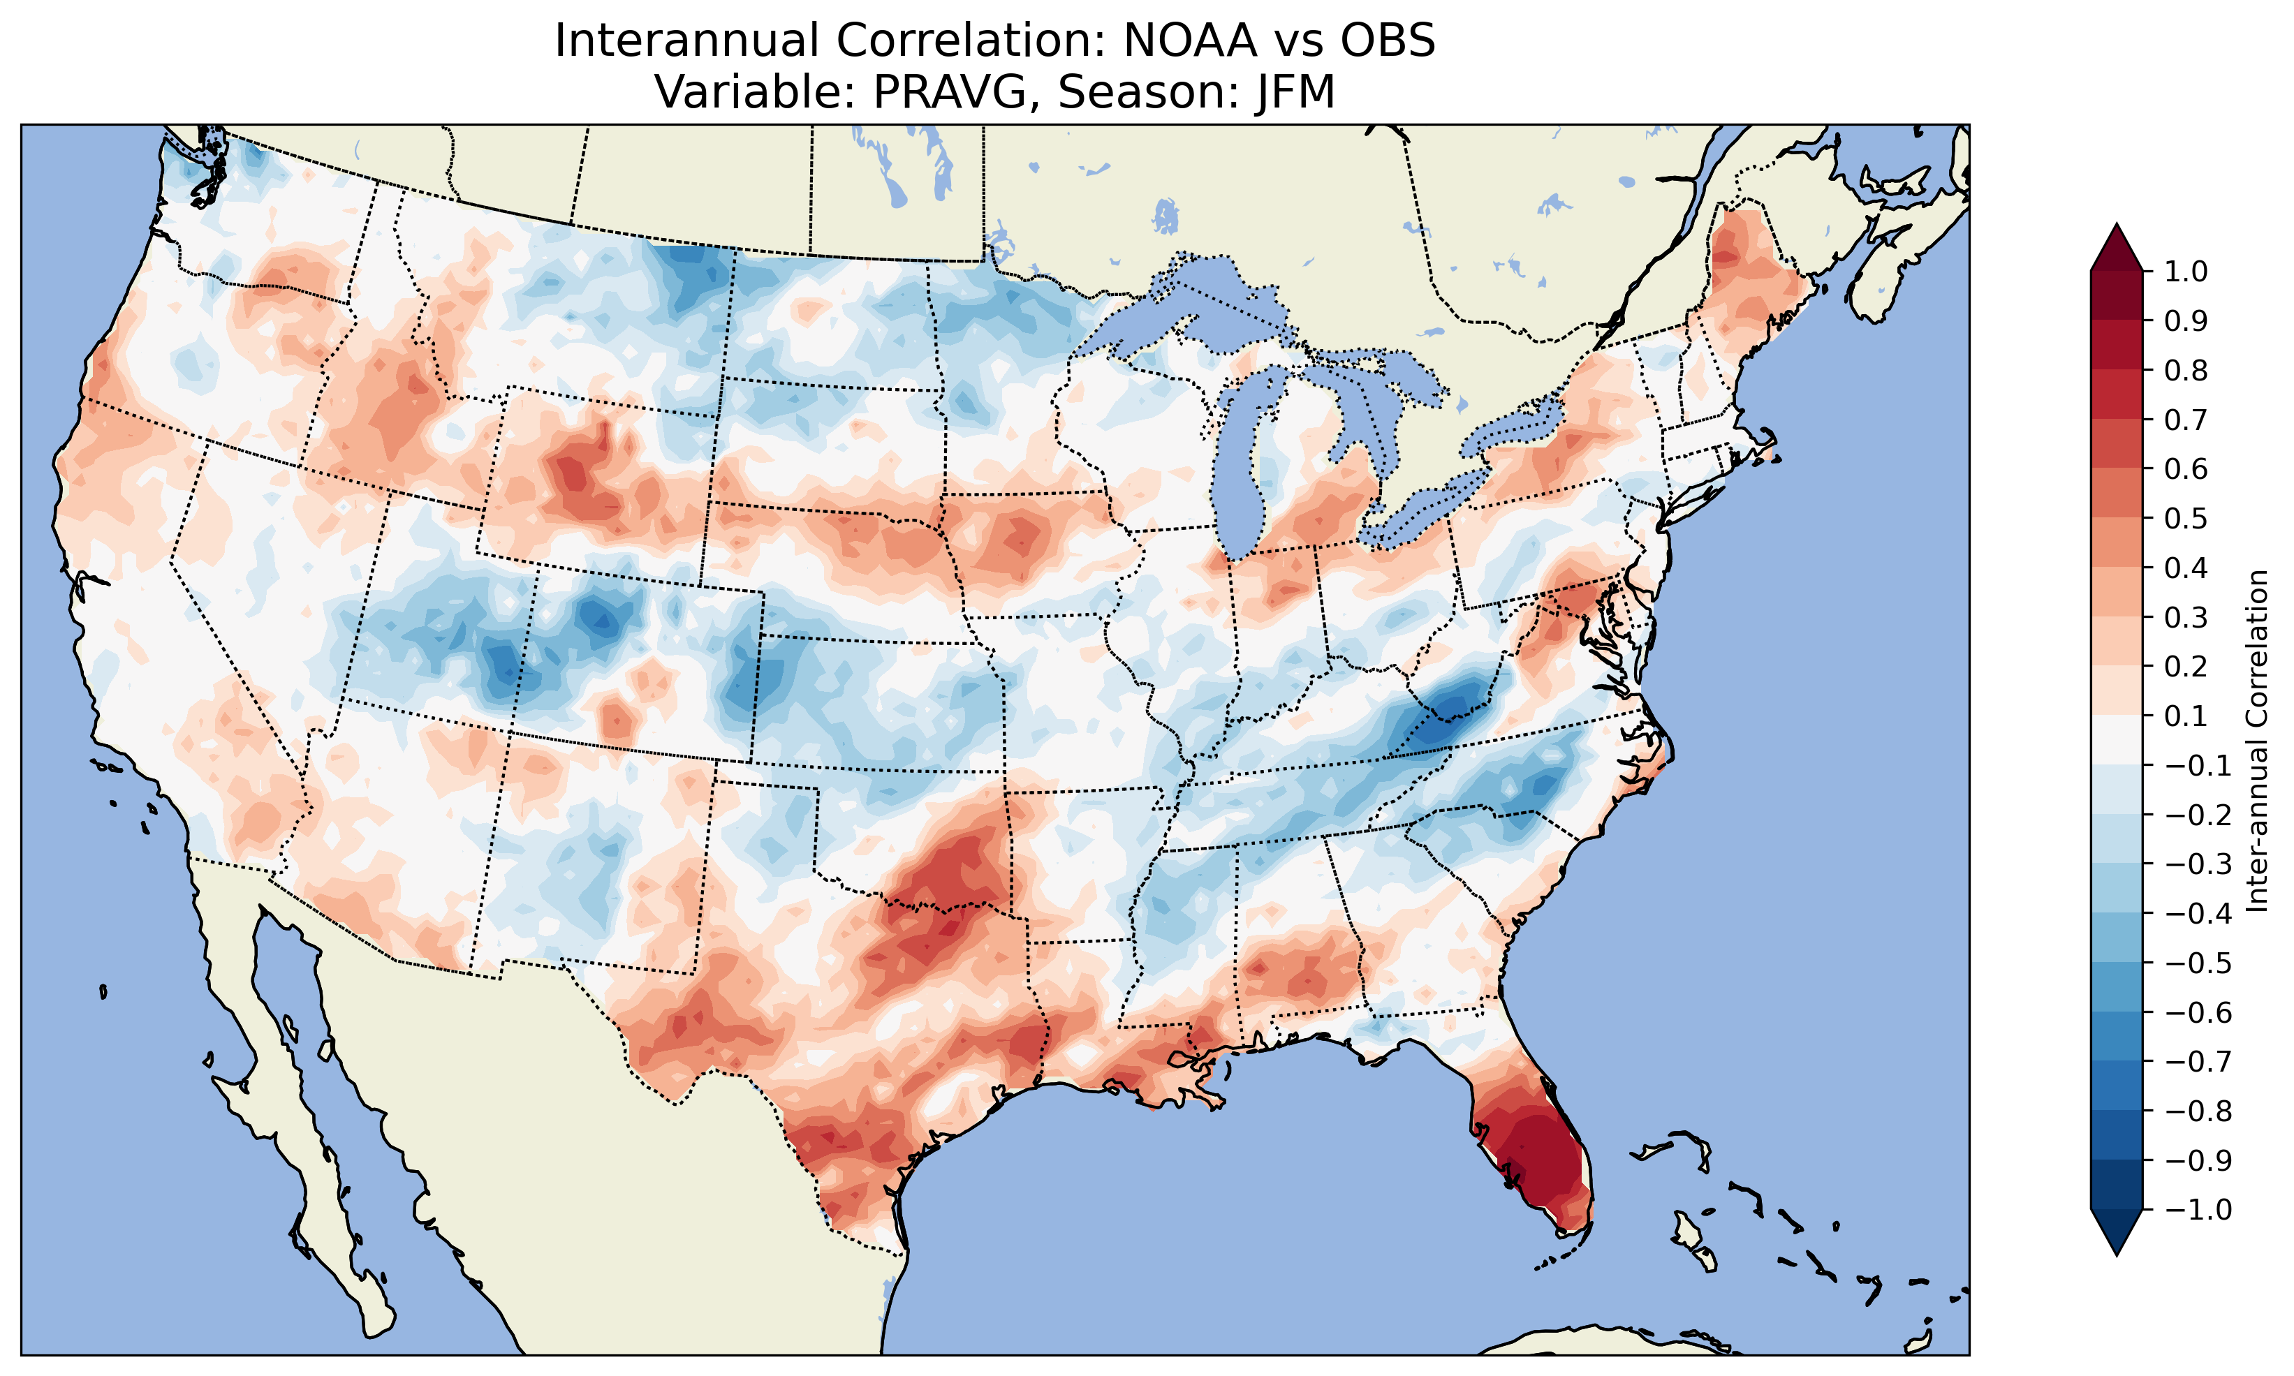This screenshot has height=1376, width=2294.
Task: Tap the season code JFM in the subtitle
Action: [x=1295, y=91]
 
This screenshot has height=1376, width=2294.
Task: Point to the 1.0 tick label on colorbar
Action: [x=2186, y=272]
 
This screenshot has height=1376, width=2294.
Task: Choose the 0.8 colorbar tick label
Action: [x=2186, y=371]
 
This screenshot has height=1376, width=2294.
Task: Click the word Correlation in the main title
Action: [x=969, y=40]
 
